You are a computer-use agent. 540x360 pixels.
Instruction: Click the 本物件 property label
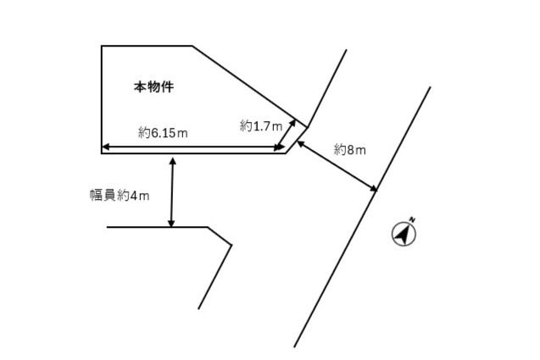tap(153, 86)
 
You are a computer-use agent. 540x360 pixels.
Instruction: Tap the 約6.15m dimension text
tap(163, 132)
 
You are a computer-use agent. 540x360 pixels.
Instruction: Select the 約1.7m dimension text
tap(261, 126)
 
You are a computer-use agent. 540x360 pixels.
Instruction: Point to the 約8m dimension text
tap(349, 150)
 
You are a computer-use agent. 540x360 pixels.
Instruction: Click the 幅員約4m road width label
tap(120, 196)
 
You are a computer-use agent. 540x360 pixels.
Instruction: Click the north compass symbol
tap(404, 234)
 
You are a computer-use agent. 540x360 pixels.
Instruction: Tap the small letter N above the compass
tap(412, 219)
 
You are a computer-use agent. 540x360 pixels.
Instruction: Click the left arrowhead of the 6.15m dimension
tap(106, 147)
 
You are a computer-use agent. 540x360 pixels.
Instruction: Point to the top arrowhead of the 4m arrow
tap(173, 161)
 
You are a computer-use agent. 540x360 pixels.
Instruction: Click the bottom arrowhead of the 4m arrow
tap(171, 223)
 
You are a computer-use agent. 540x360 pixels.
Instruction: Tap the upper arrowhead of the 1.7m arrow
tap(292, 123)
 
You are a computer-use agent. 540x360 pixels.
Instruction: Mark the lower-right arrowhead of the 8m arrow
tap(373, 188)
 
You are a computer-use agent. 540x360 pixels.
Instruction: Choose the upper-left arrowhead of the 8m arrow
tap(301, 143)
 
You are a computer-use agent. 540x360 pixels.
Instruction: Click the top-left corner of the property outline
tap(102, 46)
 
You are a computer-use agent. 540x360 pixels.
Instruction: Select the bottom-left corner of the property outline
tap(102, 153)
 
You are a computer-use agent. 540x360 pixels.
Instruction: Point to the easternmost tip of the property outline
tap(308, 127)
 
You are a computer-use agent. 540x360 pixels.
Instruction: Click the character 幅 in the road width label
tap(96, 196)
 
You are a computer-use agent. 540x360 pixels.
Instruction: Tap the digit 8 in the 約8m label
tap(351, 150)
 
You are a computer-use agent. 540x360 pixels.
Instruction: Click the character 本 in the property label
tap(140, 86)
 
